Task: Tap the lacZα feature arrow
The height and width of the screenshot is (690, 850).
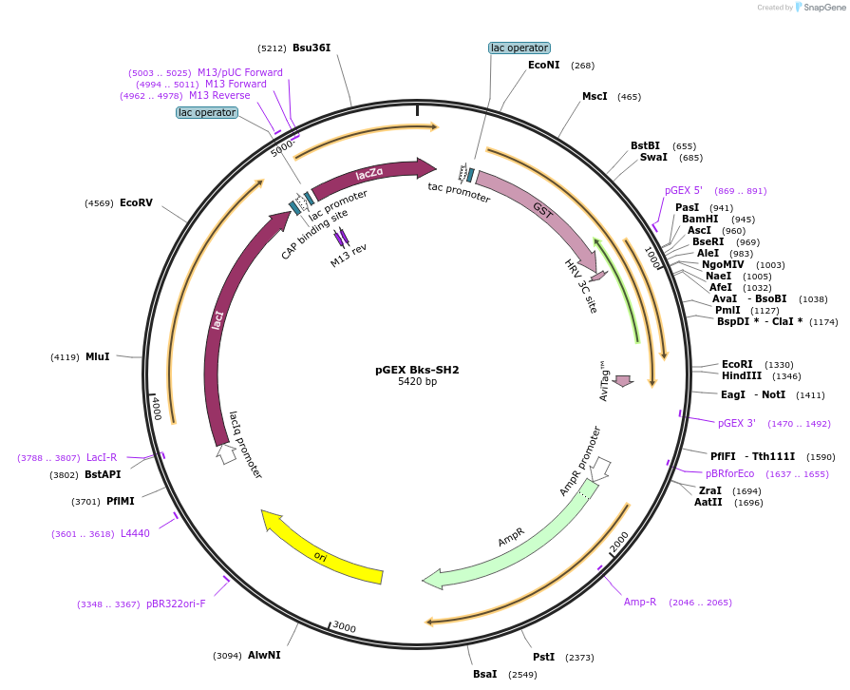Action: pos(370,173)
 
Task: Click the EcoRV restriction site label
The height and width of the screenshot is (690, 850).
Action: pos(136,202)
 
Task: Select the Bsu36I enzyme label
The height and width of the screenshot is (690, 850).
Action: pos(312,48)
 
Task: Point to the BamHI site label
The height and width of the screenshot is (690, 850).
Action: pos(699,220)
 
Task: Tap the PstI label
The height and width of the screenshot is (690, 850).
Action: pos(543,657)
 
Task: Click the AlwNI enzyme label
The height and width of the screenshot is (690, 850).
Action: pos(264,655)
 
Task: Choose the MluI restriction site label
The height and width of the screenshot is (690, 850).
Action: pos(98,356)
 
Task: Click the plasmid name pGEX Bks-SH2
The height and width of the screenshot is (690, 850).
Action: pos(417,370)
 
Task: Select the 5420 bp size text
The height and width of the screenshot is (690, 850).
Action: pos(417,382)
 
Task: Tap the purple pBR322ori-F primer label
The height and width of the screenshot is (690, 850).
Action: pos(176,604)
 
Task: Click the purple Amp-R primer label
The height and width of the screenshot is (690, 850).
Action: pos(639,602)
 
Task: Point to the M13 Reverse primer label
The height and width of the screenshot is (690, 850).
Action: pos(219,95)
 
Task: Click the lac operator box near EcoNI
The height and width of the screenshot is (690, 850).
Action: pos(519,48)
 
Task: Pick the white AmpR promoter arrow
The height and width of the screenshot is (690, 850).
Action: pos(599,468)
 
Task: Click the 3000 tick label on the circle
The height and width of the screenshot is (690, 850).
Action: pos(344,628)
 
